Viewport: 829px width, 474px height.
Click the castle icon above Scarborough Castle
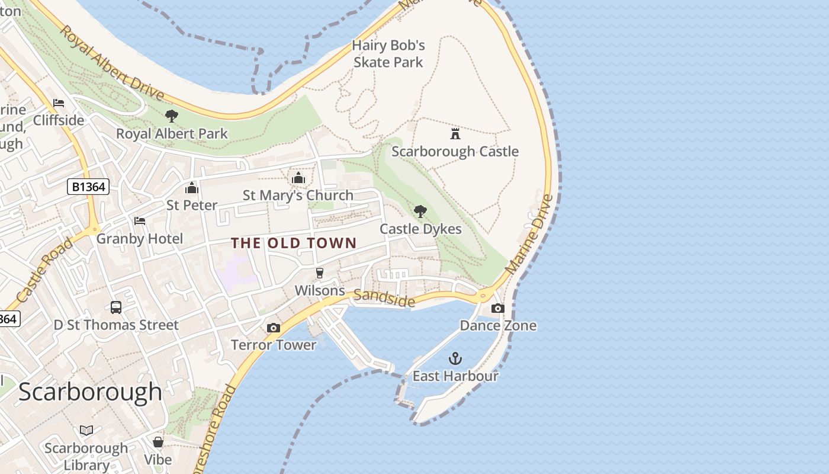click(455, 133)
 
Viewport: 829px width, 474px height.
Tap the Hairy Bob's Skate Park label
click(388, 54)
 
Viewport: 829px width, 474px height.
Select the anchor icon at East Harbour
click(455, 358)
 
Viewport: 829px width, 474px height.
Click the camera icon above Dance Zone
click(498, 308)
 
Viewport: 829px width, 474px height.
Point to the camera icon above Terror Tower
click(273, 328)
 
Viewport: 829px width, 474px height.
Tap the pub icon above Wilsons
click(320, 273)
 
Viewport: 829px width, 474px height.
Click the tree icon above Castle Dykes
click(420, 211)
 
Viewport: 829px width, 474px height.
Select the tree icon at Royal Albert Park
click(172, 116)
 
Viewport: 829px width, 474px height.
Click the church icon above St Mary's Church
click(298, 178)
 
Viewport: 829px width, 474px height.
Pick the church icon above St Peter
click(191, 188)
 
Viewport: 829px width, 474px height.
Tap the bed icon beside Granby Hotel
click(140, 221)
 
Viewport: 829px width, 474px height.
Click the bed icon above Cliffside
click(59, 103)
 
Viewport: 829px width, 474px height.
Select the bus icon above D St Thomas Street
click(116, 308)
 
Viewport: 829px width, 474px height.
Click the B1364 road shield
click(88, 187)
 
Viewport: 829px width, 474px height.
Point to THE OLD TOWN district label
click(294, 243)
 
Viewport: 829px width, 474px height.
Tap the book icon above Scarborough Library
click(86, 431)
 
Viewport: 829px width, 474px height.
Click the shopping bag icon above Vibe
click(158, 442)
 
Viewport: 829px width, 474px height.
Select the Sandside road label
click(385, 299)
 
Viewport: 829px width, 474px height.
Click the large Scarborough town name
click(90, 392)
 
